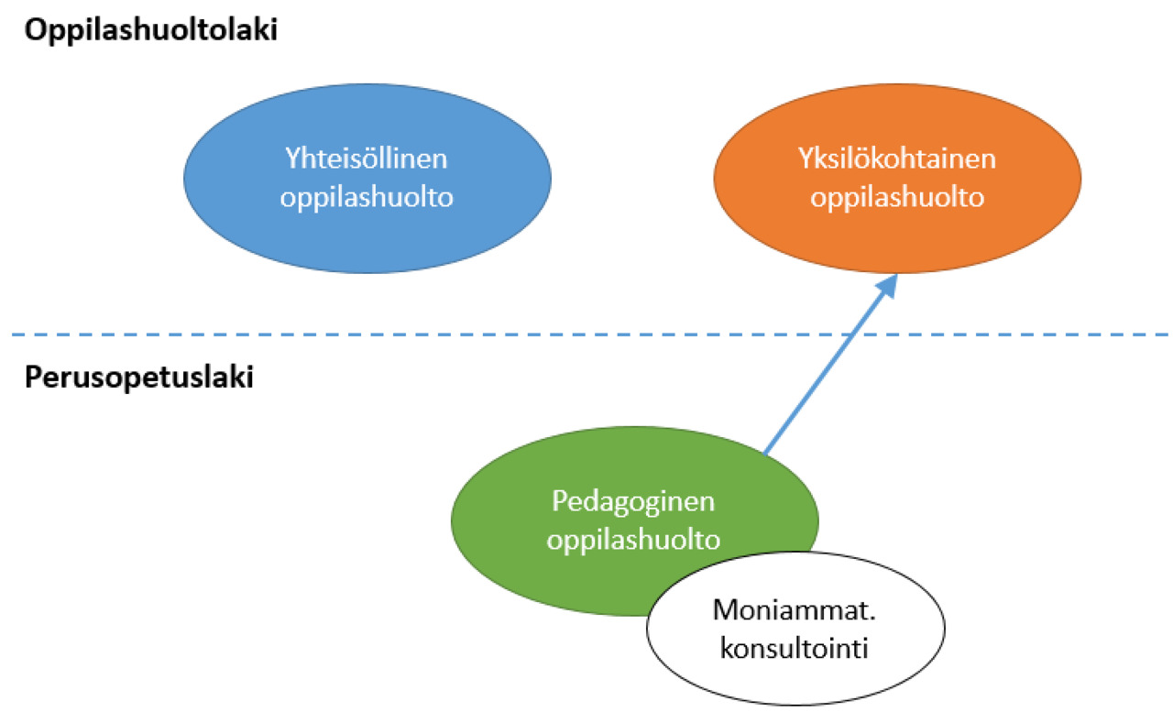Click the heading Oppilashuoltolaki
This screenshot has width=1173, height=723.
pyautogui.click(x=151, y=30)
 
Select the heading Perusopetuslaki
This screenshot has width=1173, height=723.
pyautogui.click(x=138, y=378)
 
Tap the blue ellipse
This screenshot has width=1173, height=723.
pyautogui.click(x=367, y=178)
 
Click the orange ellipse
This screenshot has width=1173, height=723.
pyautogui.click(x=897, y=178)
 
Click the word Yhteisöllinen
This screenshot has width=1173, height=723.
pyautogui.click(x=366, y=159)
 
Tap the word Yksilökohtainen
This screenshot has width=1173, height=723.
pyautogui.click(x=896, y=159)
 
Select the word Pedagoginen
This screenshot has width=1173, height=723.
pyautogui.click(x=633, y=502)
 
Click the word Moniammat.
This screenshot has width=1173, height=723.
pyautogui.click(x=794, y=610)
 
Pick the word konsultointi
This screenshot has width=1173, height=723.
pyautogui.click(x=794, y=649)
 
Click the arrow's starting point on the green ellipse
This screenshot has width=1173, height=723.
pyautogui.click(x=764, y=454)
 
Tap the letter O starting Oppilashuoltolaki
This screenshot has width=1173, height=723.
pyautogui.click(x=36, y=30)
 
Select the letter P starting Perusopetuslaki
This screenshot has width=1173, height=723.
pyautogui.click(x=33, y=377)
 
